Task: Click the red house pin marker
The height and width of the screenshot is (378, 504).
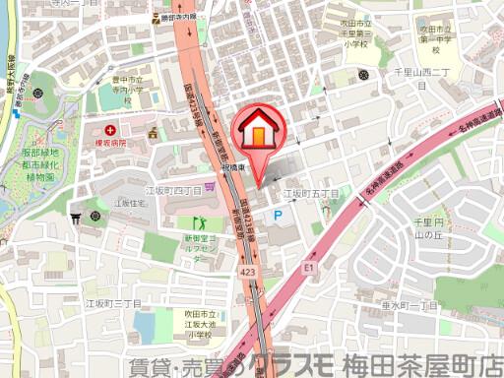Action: [258, 132]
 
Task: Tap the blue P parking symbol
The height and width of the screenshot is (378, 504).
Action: [279, 215]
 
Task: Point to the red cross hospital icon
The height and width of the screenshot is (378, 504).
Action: [110, 129]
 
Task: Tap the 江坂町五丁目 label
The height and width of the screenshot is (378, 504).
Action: [311, 193]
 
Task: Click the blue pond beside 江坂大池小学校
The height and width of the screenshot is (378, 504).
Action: [145, 326]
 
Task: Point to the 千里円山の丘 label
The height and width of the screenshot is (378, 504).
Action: [432, 230]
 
